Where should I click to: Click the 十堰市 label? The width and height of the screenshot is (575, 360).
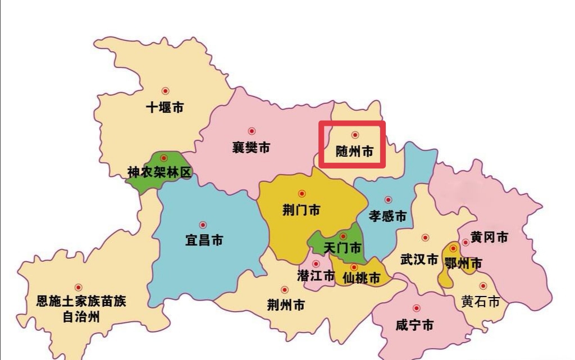[165, 108]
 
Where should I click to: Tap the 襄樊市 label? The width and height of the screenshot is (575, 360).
[251, 148]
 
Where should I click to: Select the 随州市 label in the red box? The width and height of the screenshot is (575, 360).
[354, 152]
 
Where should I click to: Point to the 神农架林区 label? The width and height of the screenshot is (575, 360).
[159, 172]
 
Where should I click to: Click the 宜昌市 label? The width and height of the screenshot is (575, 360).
[204, 240]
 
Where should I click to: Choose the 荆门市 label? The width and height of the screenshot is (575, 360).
[301, 210]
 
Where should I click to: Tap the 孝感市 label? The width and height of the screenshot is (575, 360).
[387, 216]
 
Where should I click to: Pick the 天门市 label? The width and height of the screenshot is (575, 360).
[343, 248]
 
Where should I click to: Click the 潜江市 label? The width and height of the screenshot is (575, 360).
[316, 276]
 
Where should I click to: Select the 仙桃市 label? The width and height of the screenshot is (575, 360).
[361, 277]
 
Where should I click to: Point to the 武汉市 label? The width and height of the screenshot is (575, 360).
[419, 259]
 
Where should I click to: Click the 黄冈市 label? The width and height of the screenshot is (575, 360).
[489, 238]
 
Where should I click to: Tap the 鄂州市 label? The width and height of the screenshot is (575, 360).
[463, 263]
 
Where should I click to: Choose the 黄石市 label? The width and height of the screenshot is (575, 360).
[480, 302]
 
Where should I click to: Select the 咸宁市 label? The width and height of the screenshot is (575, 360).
[414, 325]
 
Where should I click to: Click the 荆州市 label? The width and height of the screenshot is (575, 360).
[286, 305]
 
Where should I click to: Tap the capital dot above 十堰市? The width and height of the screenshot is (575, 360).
[165, 91]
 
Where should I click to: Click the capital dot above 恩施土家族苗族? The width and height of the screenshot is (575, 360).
[78, 288]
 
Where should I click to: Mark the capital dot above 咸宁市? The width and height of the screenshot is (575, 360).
[416, 308]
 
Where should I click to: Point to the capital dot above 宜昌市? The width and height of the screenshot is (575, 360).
[203, 225]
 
